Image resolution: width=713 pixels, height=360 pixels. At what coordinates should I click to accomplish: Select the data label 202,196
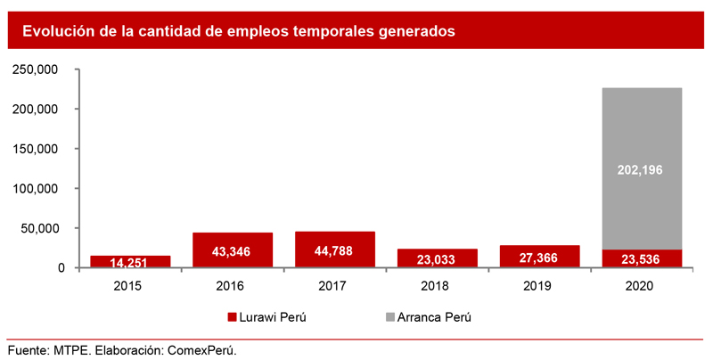[642, 169]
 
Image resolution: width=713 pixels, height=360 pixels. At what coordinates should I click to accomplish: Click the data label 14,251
[130, 263]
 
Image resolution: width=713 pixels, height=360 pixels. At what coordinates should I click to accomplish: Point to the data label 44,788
[334, 251]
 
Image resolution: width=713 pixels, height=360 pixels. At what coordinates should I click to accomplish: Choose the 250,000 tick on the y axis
[37, 70]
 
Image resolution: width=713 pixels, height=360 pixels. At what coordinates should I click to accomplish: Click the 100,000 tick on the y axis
[37, 188]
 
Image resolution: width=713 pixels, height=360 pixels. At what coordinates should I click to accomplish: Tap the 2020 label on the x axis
[641, 285]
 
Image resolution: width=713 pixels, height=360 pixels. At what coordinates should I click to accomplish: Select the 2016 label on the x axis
[233, 285]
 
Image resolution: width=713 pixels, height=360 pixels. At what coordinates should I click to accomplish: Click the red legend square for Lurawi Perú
[233, 316]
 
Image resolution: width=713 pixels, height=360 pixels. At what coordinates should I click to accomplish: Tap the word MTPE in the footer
[72, 349]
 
